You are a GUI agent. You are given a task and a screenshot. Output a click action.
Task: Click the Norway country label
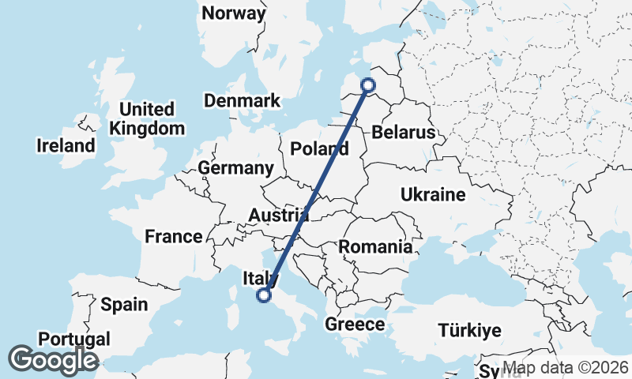pos(234,13)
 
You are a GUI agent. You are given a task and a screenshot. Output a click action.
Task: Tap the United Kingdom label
pos(148,118)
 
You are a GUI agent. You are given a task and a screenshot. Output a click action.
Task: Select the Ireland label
pos(66,145)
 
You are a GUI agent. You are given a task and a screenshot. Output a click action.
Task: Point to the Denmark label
pos(242,101)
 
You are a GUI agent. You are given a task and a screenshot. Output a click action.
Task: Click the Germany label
pos(235,168)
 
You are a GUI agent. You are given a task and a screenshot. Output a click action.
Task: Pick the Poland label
pos(319,148)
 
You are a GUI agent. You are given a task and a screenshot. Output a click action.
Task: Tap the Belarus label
pos(404,132)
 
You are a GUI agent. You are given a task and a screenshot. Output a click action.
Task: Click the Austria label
pos(278,216)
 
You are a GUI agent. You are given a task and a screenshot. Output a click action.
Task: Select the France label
pos(174,236)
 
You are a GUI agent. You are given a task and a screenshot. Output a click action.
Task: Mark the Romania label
pos(375,247)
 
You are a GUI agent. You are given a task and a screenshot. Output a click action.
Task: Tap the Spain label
pos(124,304)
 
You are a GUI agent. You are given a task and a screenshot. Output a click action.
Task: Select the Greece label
pos(355,325)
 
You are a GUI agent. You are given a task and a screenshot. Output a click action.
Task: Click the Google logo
pos(53,361)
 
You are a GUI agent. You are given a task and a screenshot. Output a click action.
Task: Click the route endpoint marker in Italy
pos(264,296)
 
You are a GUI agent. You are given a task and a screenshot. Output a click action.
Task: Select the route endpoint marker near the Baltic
pos(367,85)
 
